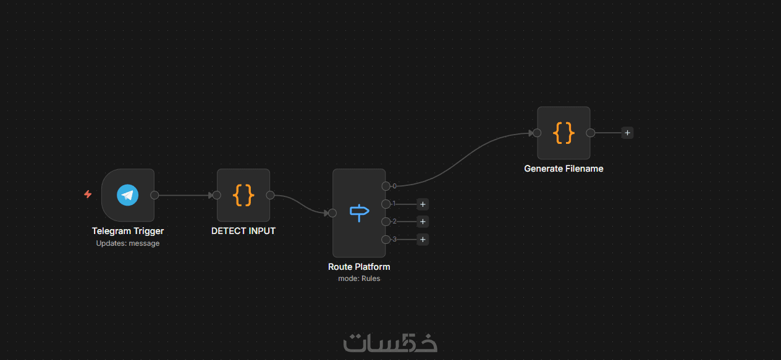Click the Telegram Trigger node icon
click(x=128, y=195)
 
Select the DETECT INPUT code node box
click(x=243, y=195)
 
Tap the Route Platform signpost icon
click(x=359, y=213)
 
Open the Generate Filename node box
click(x=564, y=133)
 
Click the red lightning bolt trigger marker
click(x=88, y=195)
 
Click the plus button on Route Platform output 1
click(x=423, y=204)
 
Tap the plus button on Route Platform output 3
click(x=423, y=240)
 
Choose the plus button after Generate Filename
click(x=627, y=133)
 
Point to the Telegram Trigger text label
click(x=128, y=231)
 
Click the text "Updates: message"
click(x=128, y=243)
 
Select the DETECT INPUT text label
click(x=243, y=231)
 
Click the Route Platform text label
click(x=359, y=267)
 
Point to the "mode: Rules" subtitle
click(x=359, y=278)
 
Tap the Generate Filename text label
click(x=564, y=169)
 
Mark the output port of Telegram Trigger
click(x=154, y=195)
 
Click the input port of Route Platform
click(x=332, y=213)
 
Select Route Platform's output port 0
click(x=386, y=186)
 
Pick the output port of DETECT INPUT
click(x=270, y=195)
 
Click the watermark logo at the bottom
click(x=390, y=343)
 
